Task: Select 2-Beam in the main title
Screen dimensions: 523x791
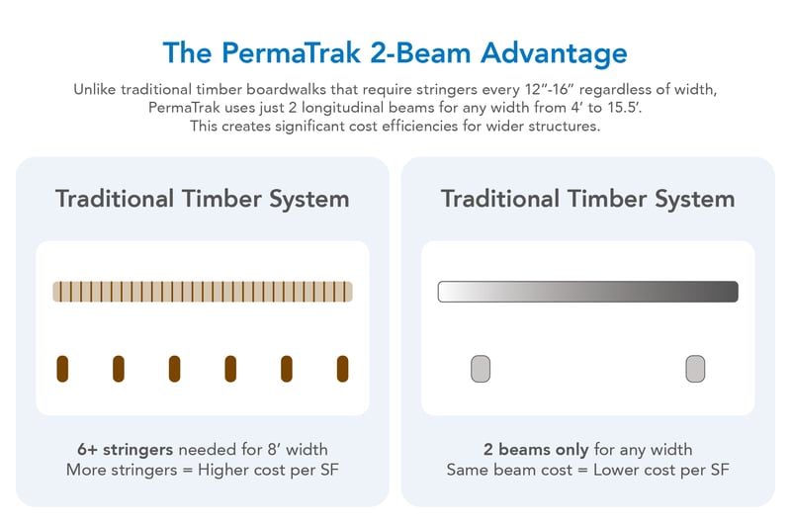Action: (x=419, y=52)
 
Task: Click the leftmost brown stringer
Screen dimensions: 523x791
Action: (x=62, y=369)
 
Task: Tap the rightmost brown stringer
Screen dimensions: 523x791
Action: (x=343, y=369)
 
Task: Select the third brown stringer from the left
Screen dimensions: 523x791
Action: (x=174, y=369)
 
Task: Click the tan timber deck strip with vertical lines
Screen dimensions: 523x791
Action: (x=203, y=292)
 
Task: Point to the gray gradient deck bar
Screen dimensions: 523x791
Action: (x=587, y=292)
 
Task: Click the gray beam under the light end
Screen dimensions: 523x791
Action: (x=481, y=369)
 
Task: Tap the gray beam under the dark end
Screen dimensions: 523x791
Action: (x=695, y=369)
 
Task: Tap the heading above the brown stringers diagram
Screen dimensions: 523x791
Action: (x=203, y=199)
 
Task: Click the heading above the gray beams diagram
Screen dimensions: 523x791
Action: (x=587, y=199)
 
